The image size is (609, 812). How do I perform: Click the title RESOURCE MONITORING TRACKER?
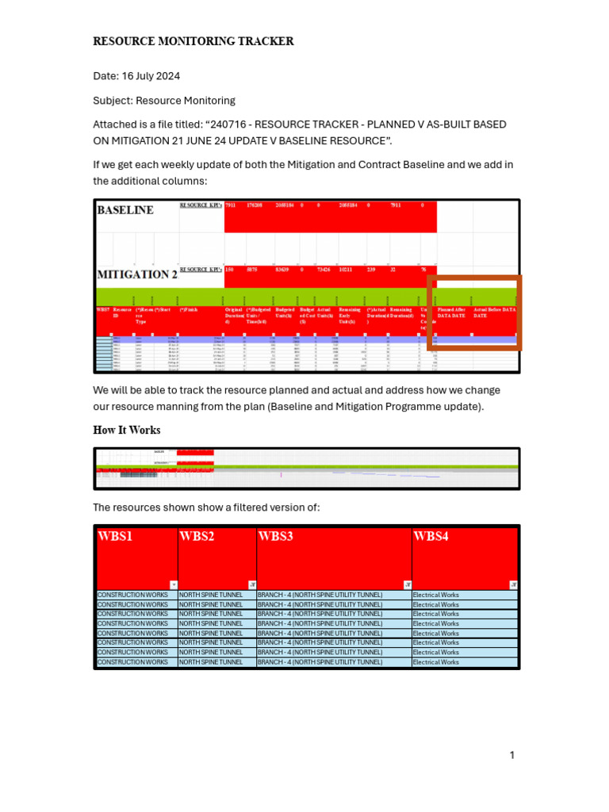[193, 41]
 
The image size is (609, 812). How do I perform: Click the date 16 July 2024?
[151, 76]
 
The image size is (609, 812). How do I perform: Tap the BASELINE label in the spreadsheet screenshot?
[125, 211]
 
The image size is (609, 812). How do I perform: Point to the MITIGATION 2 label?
[136, 275]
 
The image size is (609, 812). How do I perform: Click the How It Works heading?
[127, 430]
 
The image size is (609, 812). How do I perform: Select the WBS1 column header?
[115, 537]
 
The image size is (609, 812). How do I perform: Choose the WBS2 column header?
[197, 537]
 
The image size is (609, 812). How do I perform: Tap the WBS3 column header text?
[276, 537]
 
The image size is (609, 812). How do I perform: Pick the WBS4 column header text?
[431, 537]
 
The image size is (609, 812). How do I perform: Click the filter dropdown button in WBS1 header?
[173, 584]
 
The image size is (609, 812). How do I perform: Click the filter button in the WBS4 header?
[513, 584]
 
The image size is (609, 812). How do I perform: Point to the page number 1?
[512, 755]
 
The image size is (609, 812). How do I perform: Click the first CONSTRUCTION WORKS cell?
[132, 595]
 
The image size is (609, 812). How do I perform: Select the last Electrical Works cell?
[436, 662]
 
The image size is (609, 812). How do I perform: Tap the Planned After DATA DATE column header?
[452, 312]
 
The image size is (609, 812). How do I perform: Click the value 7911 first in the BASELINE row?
[231, 205]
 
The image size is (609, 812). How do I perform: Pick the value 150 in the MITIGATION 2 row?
[230, 270]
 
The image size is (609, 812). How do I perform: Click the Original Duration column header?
[234, 316]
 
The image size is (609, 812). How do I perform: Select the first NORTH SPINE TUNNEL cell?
[211, 595]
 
